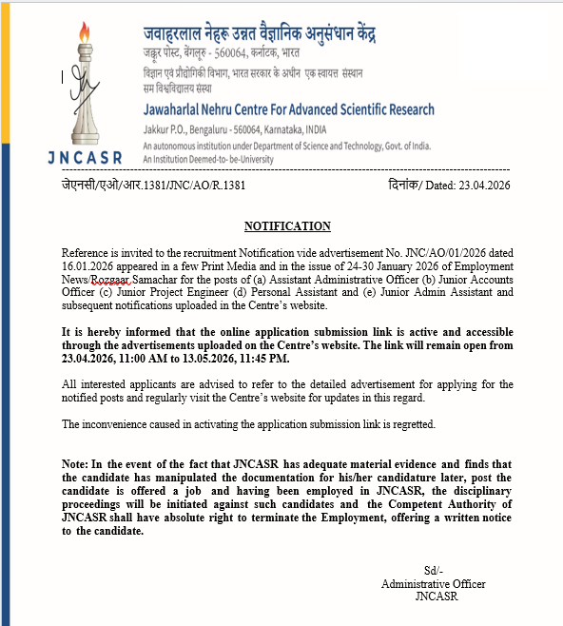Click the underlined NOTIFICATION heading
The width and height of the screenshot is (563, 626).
pos(287,226)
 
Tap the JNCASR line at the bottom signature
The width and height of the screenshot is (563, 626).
pos(436,597)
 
